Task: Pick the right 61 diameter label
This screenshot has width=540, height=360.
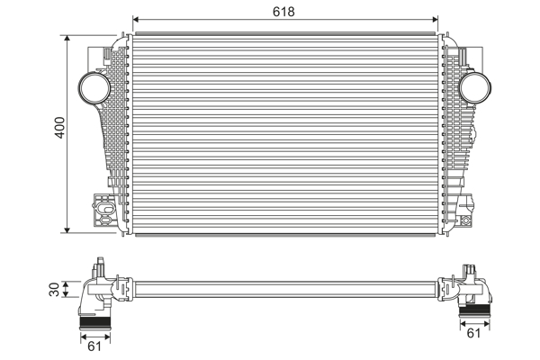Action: (474, 334)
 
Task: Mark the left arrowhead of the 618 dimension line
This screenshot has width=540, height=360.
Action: (136, 19)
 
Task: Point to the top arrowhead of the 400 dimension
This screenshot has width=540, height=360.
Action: (68, 39)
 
